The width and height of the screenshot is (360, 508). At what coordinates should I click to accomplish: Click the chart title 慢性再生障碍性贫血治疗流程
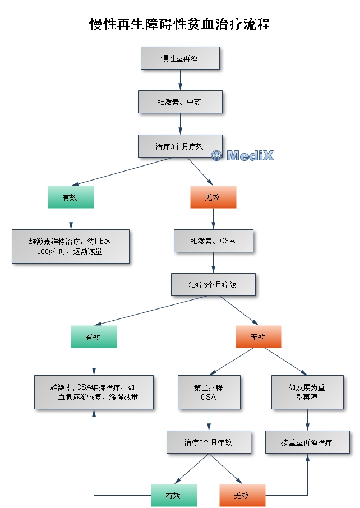180,24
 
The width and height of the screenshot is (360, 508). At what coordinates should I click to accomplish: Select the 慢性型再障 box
180,58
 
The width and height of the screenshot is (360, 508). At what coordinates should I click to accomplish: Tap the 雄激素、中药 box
180,102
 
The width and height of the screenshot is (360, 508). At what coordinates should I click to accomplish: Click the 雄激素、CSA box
213,241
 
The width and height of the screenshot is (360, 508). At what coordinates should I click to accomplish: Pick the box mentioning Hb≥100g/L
71,246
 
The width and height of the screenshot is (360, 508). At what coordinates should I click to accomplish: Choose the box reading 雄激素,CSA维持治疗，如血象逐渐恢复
94,392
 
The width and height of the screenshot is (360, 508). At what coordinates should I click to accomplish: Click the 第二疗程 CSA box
209,392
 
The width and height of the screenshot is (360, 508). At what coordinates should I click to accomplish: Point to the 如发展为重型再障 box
307,392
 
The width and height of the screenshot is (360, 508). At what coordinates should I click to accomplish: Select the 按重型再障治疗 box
307,442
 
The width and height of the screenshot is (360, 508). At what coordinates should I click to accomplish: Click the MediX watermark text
243,155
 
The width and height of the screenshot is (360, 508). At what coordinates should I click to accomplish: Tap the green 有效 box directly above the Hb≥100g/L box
71,197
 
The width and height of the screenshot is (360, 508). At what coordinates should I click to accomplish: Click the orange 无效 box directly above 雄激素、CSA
213,197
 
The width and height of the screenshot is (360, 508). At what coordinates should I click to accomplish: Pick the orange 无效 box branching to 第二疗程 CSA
259,336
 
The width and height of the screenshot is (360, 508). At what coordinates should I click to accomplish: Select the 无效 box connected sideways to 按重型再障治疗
242,496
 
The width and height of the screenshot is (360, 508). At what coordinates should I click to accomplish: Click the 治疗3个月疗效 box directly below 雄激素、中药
180,146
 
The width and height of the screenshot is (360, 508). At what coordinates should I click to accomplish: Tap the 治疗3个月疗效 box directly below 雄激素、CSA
213,285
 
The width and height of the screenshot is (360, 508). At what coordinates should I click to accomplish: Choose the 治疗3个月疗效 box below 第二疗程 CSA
209,442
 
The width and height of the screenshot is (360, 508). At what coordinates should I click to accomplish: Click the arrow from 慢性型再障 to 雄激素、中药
180,80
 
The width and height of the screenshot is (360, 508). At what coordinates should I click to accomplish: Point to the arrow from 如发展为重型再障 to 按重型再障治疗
307,419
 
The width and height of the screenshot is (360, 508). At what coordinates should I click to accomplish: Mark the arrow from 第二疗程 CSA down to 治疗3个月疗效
209,419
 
